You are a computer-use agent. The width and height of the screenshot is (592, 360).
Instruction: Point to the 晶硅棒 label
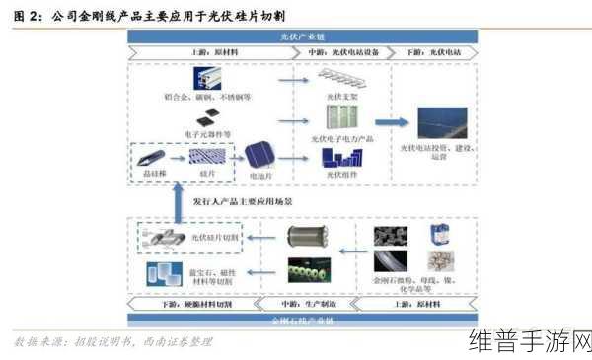(153, 173)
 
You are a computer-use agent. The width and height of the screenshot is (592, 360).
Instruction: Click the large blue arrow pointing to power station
(391, 123)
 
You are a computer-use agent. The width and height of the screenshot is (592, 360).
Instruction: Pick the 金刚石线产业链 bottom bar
(303, 321)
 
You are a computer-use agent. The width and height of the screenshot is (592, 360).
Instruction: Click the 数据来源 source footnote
(113, 342)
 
